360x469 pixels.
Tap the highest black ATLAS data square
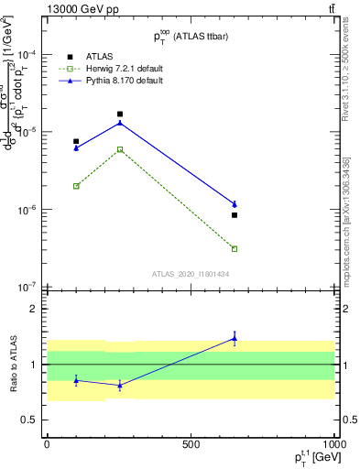tap(120, 115)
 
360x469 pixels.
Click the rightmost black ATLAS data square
tap(235, 215)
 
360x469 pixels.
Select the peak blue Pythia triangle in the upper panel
tap(120, 123)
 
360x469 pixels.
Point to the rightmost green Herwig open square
tap(235, 248)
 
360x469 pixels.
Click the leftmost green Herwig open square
tap(76, 186)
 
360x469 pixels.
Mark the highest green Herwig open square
tap(120, 149)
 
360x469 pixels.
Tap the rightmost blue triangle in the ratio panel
tap(235, 339)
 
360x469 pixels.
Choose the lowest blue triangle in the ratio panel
tap(120, 386)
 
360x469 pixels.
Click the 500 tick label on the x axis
tap(191, 444)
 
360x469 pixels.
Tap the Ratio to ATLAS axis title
tap(13, 364)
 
